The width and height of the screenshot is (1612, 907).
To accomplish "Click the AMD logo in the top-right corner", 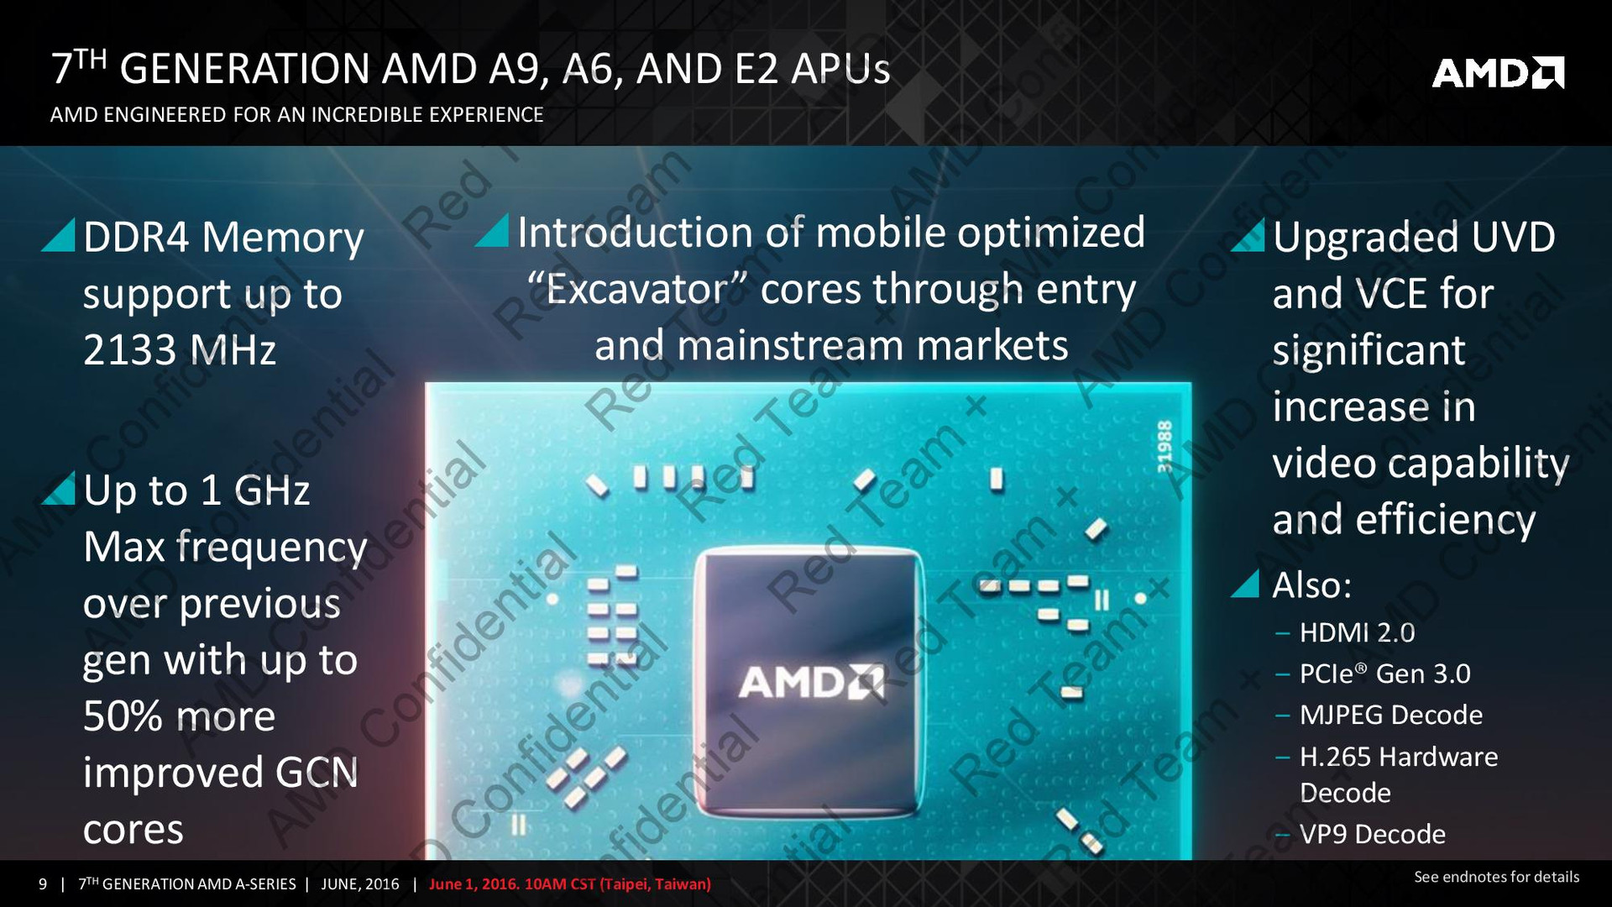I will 1498,72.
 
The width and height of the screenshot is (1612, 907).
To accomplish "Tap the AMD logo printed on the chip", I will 811,682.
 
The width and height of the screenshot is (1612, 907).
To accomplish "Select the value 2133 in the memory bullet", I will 130,350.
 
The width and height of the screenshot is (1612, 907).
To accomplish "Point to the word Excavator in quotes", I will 638,290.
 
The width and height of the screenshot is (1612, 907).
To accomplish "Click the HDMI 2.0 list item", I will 1357,632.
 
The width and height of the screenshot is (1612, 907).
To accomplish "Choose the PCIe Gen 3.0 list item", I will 1384,674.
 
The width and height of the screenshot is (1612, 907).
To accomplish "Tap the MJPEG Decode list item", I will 1390,715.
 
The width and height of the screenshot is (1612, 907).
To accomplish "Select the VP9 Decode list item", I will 1372,834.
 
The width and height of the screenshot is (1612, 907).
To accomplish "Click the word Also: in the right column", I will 1311,585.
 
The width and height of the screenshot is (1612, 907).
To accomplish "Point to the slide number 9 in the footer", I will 43,884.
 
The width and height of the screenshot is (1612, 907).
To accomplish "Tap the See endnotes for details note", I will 1496,877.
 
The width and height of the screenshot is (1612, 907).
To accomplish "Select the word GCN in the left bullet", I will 317,773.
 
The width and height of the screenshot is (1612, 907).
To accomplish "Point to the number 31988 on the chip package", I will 1165,447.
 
